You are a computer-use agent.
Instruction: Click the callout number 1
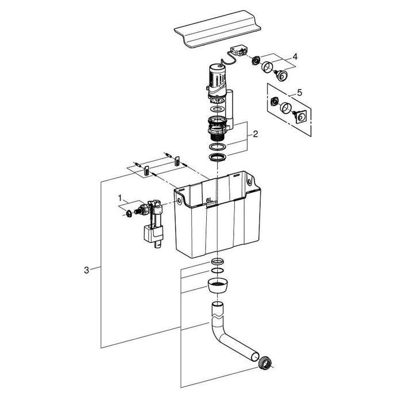(x=120, y=198)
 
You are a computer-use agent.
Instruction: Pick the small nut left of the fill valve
(x=129, y=213)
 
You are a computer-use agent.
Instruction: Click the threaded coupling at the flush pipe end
(x=266, y=363)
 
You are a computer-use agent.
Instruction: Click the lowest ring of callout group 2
(x=217, y=157)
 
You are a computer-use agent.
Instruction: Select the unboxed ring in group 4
(x=268, y=67)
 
